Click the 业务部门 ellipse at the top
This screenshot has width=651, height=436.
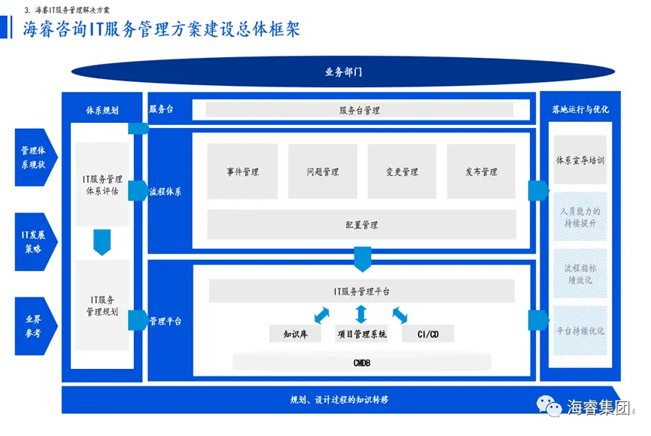click(343, 72)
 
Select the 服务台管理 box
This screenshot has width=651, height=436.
click(359, 110)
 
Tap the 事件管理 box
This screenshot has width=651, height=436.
click(242, 172)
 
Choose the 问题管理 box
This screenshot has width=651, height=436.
click(322, 172)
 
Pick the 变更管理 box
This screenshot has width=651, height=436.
click(402, 172)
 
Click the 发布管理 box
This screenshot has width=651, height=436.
click(481, 172)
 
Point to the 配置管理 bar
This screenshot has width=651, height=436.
click(361, 224)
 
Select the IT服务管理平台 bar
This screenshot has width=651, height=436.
click(361, 291)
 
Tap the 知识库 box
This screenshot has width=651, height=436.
click(294, 334)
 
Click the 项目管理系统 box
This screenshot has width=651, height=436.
click(361, 334)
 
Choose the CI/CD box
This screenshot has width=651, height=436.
click(427, 334)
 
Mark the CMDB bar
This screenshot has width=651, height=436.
click(361, 363)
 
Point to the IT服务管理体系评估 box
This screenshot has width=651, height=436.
click(102, 184)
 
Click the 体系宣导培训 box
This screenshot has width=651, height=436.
click(580, 160)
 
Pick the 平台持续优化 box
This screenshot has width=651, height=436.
click(580, 331)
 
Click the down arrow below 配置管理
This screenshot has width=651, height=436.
click(362, 258)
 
